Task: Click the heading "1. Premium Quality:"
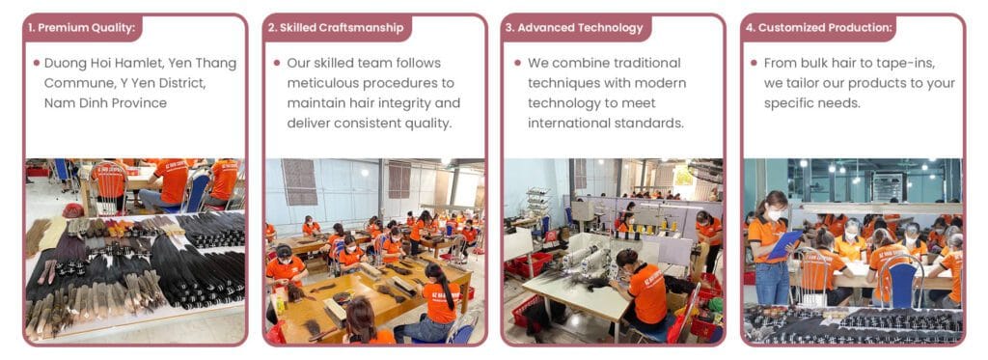pos(81,28)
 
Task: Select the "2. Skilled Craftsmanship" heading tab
pos(335,28)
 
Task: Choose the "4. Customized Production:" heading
pos(818,28)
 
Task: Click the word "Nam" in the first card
pos(61,103)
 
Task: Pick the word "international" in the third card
pos(570,124)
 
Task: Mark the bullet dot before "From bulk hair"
pos(754,64)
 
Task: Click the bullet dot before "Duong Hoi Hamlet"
pos(36,64)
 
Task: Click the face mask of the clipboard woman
pos(772,215)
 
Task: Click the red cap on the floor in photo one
pos(72,210)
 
